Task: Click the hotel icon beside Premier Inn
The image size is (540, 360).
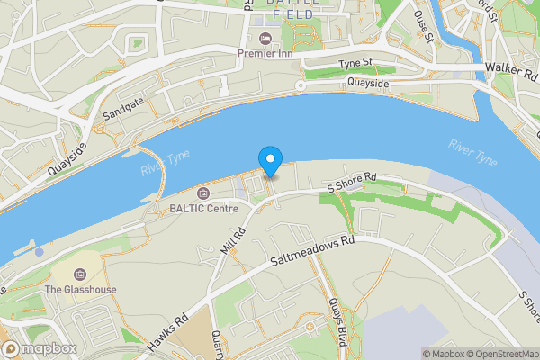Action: point(265,39)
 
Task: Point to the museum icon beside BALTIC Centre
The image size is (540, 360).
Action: point(202,193)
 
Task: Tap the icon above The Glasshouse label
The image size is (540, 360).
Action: point(79,274)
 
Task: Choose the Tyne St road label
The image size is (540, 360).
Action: point(355,64)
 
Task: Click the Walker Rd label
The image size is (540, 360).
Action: point(510,67)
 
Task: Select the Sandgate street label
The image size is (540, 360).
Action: point(122,112)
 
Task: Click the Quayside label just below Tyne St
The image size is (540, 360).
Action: point(369,84)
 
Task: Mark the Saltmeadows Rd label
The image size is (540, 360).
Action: point(313,254)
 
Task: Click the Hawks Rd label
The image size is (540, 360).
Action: point(168,331)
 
